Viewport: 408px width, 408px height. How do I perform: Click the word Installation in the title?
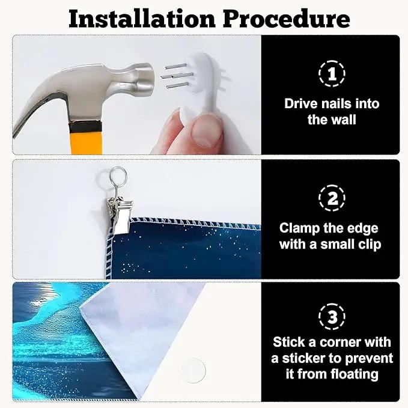click(x=142, y=19)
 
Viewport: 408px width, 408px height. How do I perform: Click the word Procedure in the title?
click(x=287, y=19)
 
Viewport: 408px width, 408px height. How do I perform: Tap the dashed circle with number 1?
click(x=332, y=73)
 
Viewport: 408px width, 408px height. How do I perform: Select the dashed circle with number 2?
click(x=332, y=198)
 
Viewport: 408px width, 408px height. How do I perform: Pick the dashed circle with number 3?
click(x=332, y=317)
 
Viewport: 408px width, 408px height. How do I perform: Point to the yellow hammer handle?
click(x=86, y=138)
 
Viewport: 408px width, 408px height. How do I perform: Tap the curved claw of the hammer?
click(x=29, y=115)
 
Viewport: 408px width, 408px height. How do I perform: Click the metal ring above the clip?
click(x=118, y=175)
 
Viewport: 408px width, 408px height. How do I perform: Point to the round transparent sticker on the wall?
click(x=193, y=370)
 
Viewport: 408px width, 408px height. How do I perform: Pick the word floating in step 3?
click(x=355, y=375)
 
